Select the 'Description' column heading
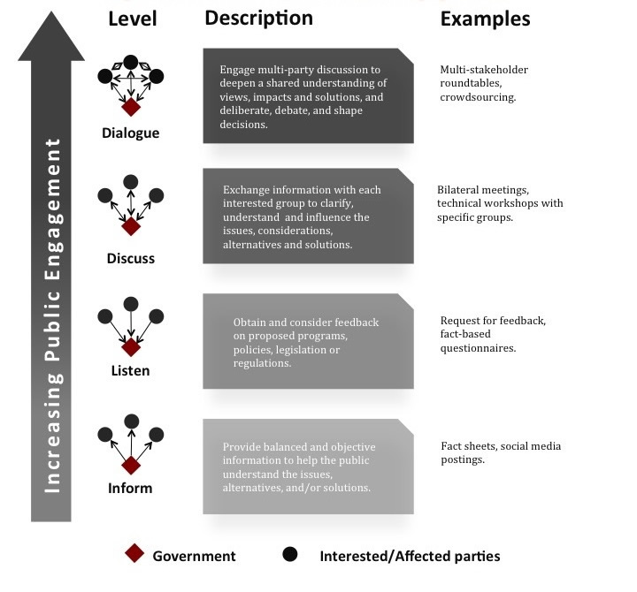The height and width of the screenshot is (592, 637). point(258,19)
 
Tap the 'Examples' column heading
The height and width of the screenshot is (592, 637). point(485,19)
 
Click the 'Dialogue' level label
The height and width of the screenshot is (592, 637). point(130,133)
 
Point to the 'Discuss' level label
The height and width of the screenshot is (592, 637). point(130,259)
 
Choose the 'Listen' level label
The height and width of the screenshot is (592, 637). point(130,371)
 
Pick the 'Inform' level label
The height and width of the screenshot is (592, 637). point(130,488)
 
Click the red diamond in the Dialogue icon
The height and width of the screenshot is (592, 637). point(131,107)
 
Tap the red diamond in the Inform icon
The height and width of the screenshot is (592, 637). point(131,465)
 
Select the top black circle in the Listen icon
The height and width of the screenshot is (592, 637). point(131,303)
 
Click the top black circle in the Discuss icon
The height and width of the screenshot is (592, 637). point(131,181)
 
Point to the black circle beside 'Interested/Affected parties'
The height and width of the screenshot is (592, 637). point(289,555)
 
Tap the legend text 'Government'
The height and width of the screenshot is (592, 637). point(194,556)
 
